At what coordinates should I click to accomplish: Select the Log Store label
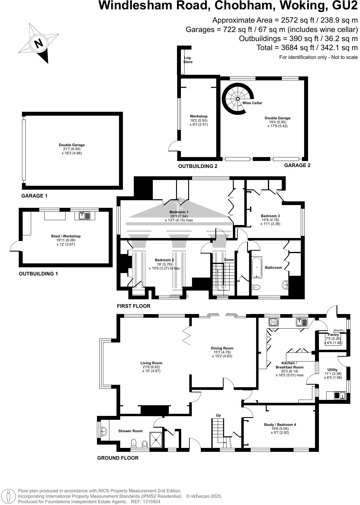(x=188, y=60)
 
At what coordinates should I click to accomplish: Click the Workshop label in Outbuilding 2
(x=198, y=116)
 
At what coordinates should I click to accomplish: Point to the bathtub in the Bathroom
(x=257, y=267)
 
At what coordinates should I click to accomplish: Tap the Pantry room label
(x=333, y=335)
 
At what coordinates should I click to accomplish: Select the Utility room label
(x=333, y=370)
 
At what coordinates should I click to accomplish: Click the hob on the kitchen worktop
(x=273, y=322)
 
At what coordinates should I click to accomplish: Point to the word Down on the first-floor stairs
(x=229, y=260)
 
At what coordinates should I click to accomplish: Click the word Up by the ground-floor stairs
(x=218, y=415)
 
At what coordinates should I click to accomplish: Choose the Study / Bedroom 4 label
(x=280, y=425)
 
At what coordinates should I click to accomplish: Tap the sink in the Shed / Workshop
(x=85, y=216)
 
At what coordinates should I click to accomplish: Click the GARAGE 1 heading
(x=34, y=196)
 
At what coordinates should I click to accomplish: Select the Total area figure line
(x=307, y=48)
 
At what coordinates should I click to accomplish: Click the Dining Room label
(x=222, y=348)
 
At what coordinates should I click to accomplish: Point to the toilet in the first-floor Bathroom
(x=256, y=287)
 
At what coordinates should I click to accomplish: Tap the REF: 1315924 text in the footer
(x=145, y=502)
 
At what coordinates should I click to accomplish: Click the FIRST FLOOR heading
(x=133, y=306)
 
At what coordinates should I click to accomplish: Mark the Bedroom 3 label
(x=270, y=216)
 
